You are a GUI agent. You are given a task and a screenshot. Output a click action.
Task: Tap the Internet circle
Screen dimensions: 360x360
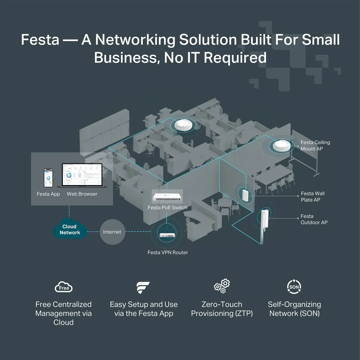point(112,232)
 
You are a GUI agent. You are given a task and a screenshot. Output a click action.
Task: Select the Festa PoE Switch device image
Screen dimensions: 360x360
point(167,197)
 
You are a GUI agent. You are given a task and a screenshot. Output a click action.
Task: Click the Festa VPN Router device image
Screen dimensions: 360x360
point(168,234)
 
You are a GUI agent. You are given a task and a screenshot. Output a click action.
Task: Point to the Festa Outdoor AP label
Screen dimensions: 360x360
point(314,219)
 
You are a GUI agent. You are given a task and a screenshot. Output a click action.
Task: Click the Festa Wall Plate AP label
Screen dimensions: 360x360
point(312,197)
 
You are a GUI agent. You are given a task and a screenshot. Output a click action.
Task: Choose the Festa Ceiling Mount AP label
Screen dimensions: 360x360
point(315,145)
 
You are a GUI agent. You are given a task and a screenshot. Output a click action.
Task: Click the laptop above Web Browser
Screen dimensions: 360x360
point(82,176)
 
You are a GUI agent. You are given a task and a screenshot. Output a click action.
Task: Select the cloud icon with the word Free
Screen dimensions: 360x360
point(64,287)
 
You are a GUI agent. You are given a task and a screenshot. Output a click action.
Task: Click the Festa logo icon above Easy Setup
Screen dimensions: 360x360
point(143,288)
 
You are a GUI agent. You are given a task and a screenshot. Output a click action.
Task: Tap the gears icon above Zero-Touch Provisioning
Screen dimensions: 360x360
point(222,287)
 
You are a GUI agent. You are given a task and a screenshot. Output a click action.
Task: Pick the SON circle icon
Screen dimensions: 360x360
point(293,287)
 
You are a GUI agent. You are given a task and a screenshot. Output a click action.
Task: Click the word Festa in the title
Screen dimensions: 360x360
point(40,40)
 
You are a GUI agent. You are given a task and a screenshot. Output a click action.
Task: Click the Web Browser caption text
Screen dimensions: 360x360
point(82,194)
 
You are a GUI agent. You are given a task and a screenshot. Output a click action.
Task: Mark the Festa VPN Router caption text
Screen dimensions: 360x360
point(168,252)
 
